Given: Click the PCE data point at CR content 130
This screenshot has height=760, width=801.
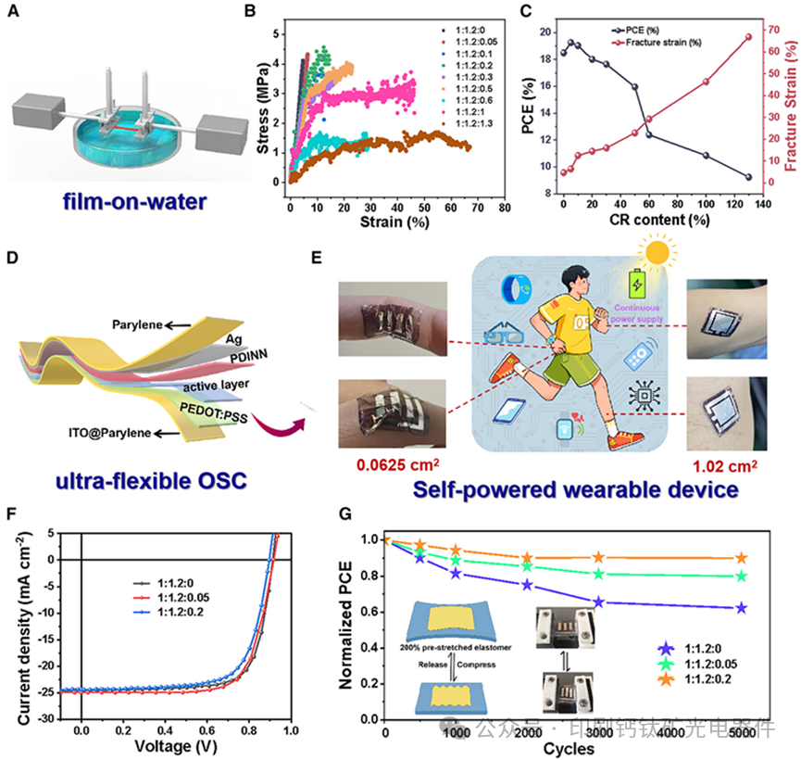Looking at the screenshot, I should (x=748, y=176).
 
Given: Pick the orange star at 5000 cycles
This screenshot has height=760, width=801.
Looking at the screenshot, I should (x=741, y=558).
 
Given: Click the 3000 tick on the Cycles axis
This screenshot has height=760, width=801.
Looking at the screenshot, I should (x=598, y=730).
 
